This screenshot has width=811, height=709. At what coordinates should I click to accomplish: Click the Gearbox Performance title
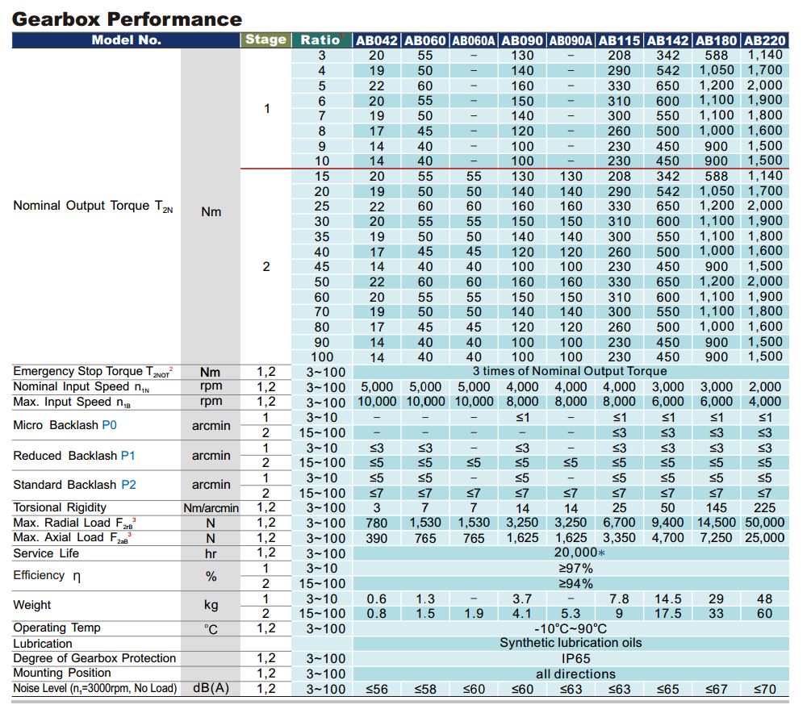127,19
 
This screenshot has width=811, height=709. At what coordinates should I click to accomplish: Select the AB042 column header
377,40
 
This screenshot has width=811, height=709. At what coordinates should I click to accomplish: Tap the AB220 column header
764,40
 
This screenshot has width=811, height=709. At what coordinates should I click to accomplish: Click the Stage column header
265,40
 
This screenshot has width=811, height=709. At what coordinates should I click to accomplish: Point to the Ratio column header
320,40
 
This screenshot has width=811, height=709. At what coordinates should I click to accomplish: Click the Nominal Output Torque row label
93,206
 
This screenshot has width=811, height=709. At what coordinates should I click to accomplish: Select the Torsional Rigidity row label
60,507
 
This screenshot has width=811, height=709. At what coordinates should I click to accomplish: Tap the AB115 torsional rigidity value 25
619,508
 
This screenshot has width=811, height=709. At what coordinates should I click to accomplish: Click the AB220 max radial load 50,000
764,523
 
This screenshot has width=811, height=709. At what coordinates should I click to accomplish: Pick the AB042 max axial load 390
377,538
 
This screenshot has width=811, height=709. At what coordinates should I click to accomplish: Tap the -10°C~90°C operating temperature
571,629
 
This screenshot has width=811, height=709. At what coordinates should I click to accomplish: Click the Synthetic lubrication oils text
571,643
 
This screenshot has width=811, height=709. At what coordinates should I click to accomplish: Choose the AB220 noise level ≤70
764,690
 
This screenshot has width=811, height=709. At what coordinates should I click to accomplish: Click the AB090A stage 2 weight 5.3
571,614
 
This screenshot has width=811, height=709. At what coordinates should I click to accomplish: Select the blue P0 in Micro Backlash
109,425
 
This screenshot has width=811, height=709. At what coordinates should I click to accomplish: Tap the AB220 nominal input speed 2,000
764,387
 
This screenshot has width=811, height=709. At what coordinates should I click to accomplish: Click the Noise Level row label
95,688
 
